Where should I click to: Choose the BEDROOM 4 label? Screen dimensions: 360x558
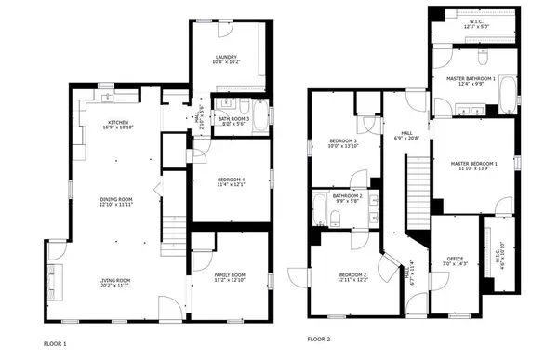click(x=230, y=180)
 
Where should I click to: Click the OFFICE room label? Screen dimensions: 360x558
click(x=456, y=260)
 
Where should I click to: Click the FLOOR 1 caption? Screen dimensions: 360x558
click(x=55, y=342)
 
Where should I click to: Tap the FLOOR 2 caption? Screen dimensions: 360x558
click(x=319, y=340)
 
